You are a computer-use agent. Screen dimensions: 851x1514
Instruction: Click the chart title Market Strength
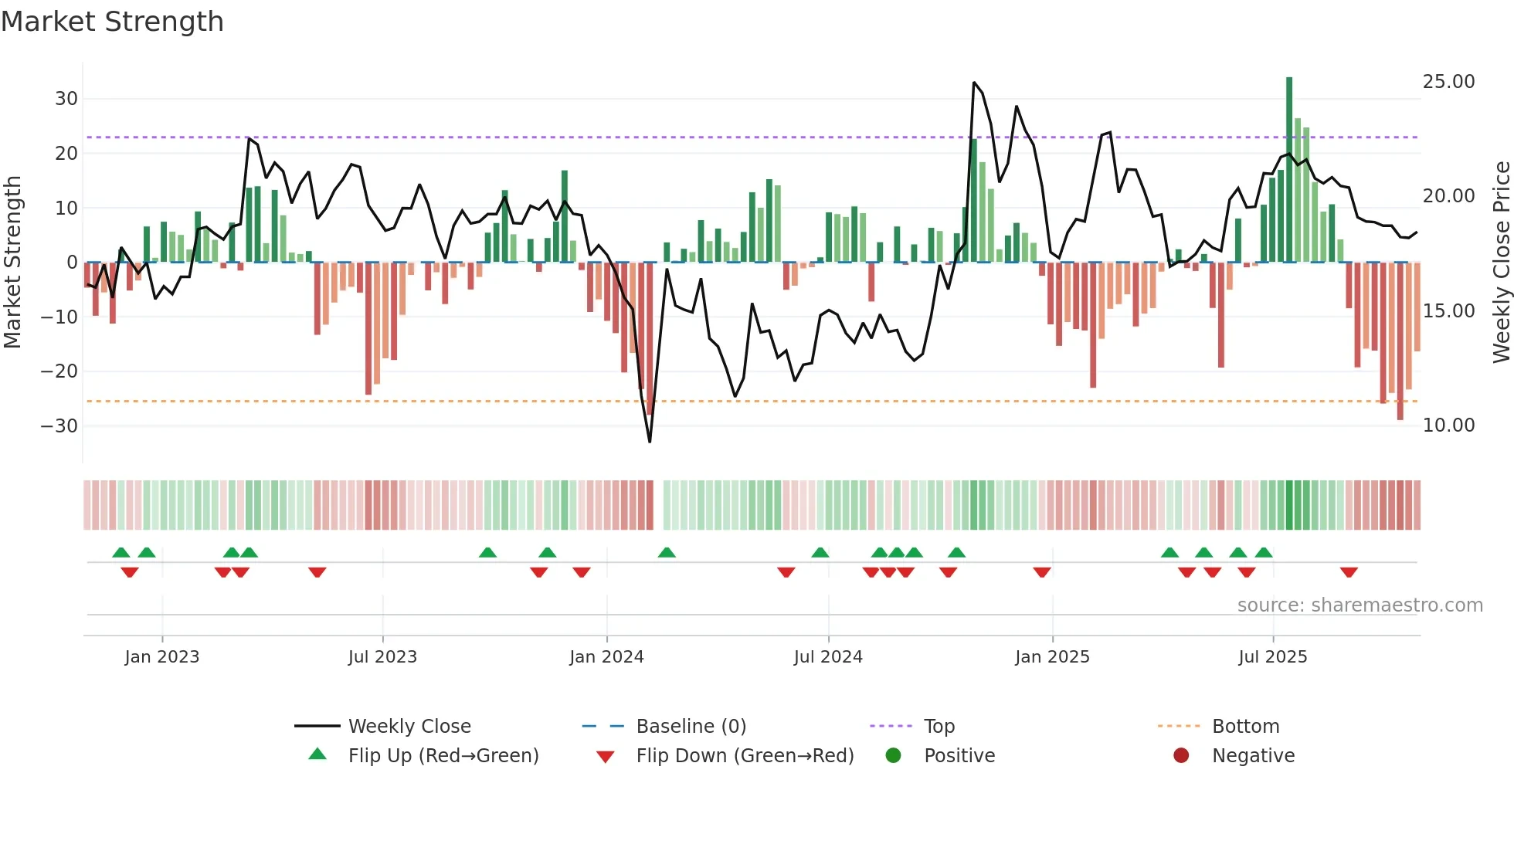112,22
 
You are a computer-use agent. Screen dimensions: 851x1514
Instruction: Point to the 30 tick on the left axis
66,99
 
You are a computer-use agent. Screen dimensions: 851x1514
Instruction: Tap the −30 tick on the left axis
59,426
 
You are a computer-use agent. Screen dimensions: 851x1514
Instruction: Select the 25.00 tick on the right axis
1448,82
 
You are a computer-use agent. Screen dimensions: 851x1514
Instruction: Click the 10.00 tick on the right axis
1448,425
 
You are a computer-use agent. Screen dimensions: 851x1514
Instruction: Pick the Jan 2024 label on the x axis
606,657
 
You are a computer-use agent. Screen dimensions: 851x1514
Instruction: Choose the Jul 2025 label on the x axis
1272,657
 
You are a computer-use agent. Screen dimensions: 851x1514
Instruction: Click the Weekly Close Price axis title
1501,263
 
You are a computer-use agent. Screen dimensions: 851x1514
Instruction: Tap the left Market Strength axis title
12,263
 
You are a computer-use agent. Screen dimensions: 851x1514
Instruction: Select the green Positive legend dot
894,756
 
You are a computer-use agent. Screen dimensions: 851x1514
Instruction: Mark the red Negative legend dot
1181,756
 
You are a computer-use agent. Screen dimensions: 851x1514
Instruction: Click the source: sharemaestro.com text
1360,605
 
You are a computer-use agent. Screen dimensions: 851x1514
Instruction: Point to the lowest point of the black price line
650,442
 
